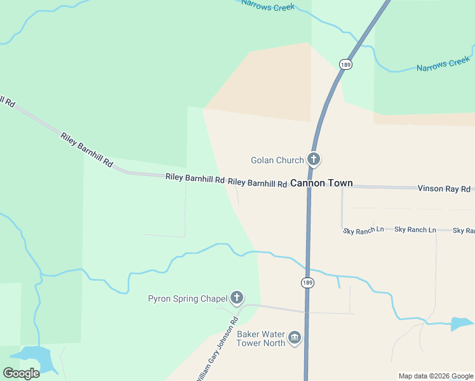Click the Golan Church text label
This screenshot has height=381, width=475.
pyautogui.click(x=277, y=160)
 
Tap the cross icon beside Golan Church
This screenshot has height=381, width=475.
pyautogui.click(x=313, y=159)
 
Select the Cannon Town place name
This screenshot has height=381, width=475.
pyautogui.click(x=321, y=183)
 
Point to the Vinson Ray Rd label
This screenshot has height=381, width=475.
pyautogui.click(x=443, y=189)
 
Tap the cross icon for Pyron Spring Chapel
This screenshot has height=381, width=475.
pyautogui.click(x=237, y=297)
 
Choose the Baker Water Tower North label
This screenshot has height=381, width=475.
pyautogui.click(x=260, y=338)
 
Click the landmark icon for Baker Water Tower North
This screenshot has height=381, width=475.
pyautogui.click(x=294, y=338)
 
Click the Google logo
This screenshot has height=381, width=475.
pyautogui.click(x=21, y=373)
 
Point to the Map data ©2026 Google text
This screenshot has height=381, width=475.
pyautogui.click(x=436, y=376)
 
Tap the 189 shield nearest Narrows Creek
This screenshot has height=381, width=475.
pyautogui.click(x=345, y=65)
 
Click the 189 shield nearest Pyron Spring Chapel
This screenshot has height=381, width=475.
pyautogui.click(x=307, y=283)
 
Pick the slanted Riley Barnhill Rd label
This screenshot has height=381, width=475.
pyautogui.click(x=86, y=150)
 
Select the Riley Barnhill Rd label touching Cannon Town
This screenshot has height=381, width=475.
pyautogui.click(x=257, y=183)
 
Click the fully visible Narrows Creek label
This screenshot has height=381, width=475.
pyautogui.click(x=443, y=64)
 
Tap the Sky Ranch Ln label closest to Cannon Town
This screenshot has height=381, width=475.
pyautogui.click(x=363, y=231)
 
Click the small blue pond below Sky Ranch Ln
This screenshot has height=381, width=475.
pyautogui.click(x=462, y=323)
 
